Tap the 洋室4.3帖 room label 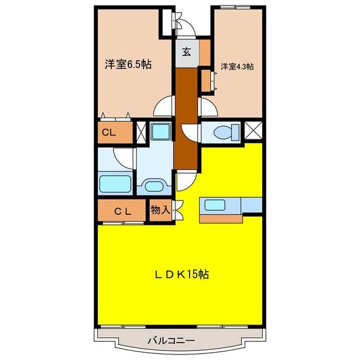coord(236,67)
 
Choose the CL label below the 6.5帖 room coord(109,133)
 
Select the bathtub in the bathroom coord(114,183)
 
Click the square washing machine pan coord(160,131)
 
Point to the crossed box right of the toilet coord(253,131)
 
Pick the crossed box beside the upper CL coord(142,133)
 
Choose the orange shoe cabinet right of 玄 coord(205,51)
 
